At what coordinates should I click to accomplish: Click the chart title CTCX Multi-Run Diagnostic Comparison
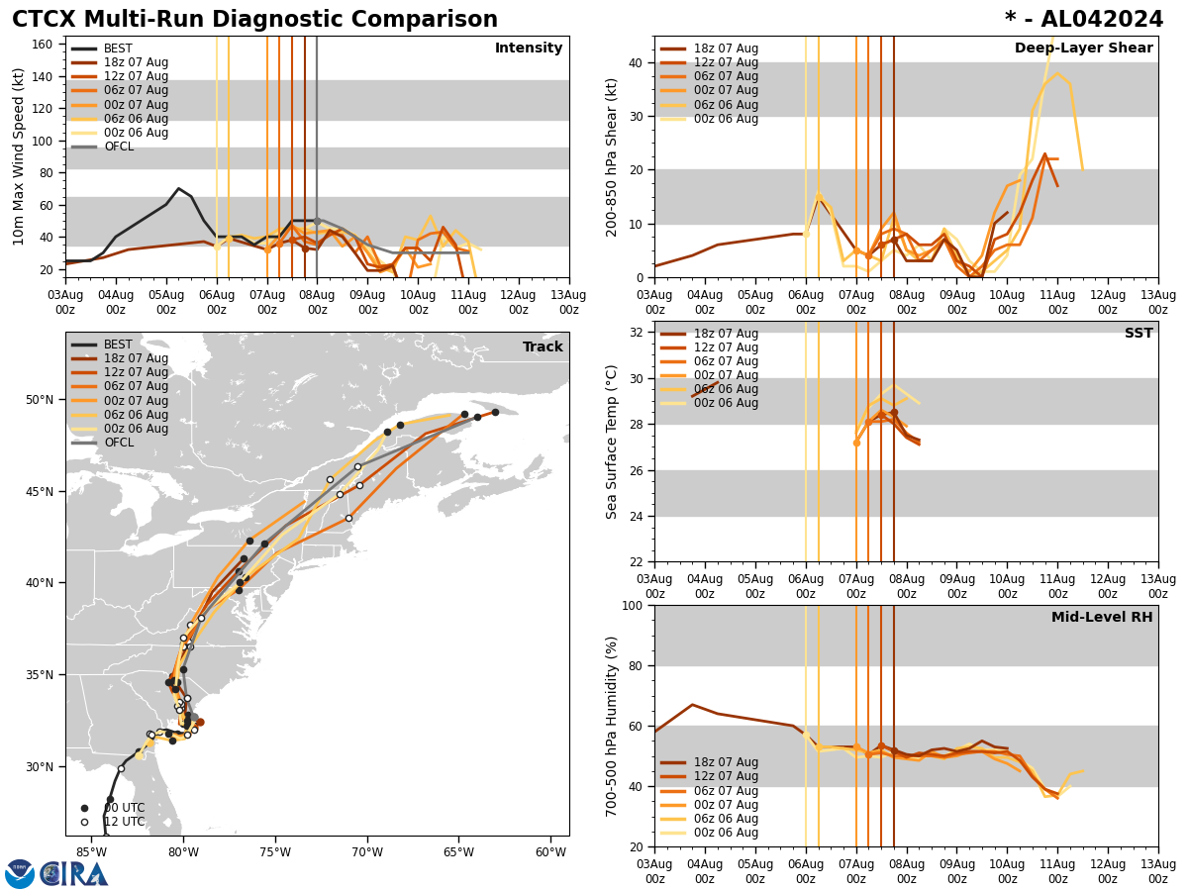click(x=254, y=20)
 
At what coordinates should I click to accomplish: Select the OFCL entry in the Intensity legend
click(x=118, y=147)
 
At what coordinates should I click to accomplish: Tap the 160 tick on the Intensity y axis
click(x=44, y=44)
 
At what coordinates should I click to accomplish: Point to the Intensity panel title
click(x=529, y=49)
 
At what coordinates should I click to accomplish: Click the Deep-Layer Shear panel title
click(x=1083, y=49)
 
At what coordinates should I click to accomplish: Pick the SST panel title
click(x=1138, y=334)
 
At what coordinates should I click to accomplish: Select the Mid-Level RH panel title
click(x=1102, y=618)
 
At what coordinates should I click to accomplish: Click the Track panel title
click(x=543, y=347)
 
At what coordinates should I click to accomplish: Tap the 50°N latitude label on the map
click(x=40, y=400)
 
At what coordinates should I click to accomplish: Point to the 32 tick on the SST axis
click(x=637, y=332)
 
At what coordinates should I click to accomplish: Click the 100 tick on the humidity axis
click(x=633, y=605)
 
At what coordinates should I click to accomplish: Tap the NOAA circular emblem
click(x=20, y=874)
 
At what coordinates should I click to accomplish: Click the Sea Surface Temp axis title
click(x=612, y=442)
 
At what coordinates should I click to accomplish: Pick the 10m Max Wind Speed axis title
click(x=19, y=156)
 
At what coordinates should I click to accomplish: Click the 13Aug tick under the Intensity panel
click(x=568, y=302)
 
